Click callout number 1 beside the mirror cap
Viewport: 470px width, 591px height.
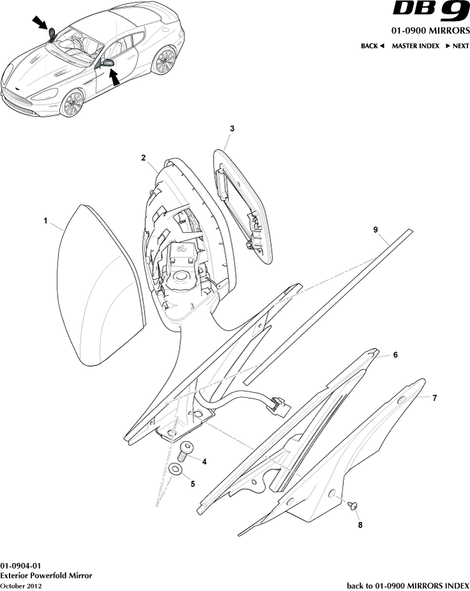point(46,221)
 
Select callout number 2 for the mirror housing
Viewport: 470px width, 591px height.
point(143,158)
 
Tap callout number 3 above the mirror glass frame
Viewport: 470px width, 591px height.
point(232,129)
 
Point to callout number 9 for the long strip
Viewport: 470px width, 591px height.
point(376,230)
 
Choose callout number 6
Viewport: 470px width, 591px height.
point(395,354)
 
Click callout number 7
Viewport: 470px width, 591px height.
point(434,398)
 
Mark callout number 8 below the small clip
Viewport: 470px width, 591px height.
point(360,525)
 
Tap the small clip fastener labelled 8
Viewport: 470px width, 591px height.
point(353,506)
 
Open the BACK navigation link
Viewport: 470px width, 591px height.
point(372,46)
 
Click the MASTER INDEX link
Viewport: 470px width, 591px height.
point(415,46)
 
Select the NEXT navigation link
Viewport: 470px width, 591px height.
point(457,46)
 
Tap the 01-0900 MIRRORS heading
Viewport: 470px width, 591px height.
point(430,31)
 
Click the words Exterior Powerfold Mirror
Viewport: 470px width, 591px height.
point(46,576)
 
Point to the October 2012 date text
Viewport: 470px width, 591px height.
point(21,586)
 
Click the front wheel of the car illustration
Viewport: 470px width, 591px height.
point(72,103)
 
